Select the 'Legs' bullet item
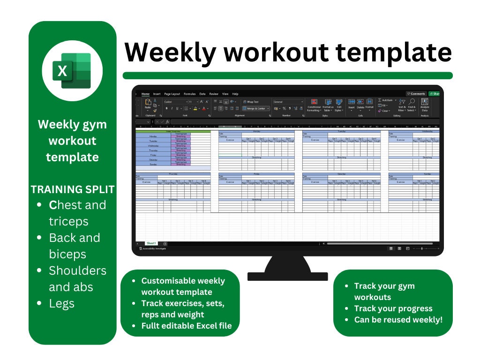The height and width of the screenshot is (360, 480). (x=61, y=303)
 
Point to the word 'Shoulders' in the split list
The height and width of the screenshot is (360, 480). (x=77, y=270)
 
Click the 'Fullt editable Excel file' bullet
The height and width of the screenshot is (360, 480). (x=187, y=325)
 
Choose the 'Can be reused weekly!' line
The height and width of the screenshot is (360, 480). (x=398, y=320)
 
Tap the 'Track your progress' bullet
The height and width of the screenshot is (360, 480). (x=393, y=308)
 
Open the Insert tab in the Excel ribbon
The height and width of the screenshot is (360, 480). (x=157, y=94)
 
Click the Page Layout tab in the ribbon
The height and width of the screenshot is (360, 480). (x=172, y=94)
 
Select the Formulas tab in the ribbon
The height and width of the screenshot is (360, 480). (x=190, y=94)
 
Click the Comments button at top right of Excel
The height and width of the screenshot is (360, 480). (x=416, y=94)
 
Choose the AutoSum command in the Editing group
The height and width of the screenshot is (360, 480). (x=386, y=100)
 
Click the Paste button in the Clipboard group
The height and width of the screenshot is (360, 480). (x=148, y=104)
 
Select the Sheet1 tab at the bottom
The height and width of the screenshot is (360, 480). (x=151, y=243)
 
